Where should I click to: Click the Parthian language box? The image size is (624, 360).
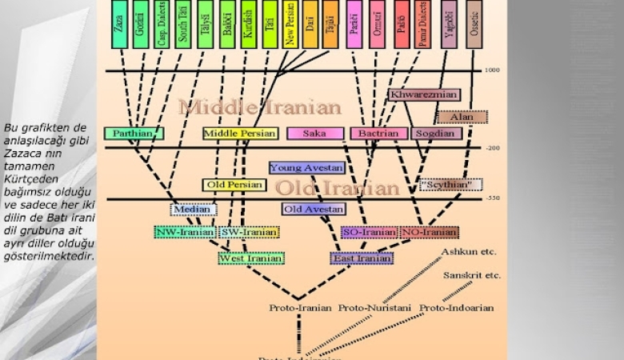(x=133, y=134)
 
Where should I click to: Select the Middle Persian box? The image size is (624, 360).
(x=240, y=134)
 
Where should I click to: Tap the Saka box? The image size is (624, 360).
(x=314, y=134)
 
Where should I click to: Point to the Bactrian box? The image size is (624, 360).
(x=378, y=134)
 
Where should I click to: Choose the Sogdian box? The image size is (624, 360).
(x=437, y=134)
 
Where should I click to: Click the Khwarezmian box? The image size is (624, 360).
(x=424, y=94)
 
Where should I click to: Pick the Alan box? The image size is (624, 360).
(x=462, y=117)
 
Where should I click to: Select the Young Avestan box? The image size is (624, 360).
(x=306, y=168)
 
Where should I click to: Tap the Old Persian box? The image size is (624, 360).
(x=234, y=185)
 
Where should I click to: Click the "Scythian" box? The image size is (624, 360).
(x=451, y=185)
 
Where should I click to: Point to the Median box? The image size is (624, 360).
(x=193, y=210)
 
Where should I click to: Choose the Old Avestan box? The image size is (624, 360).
(x=314, y=209)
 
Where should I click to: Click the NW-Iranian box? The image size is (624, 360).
(x=185, y=232)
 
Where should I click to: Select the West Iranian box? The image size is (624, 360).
(x=251, y=258)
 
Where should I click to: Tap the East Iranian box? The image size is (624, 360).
(x=361, y=258)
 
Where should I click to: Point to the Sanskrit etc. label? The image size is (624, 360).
(x=472, y=275)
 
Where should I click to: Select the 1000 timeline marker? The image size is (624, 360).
(x=491, y=70)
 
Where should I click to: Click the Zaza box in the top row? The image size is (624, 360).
(x=118, y=24)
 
